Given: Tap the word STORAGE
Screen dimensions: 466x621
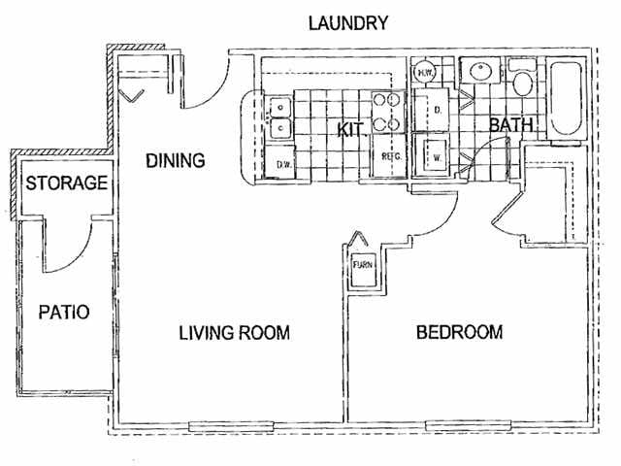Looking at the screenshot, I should (66, 183).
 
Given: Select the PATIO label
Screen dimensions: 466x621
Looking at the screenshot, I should (64, 313).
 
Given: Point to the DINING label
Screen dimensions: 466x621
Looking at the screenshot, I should (176, 160).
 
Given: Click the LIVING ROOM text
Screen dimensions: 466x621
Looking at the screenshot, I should (235, 333).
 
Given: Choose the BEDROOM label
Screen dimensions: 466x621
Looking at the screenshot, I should (459, 332).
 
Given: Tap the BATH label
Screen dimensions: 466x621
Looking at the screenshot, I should (510, 125).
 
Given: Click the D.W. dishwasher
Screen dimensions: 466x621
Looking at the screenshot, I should (284, 164).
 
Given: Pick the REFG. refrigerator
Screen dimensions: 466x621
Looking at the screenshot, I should (391, 156).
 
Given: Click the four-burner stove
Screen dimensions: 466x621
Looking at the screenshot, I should (388, 110).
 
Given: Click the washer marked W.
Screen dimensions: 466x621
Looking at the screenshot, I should (436, 155).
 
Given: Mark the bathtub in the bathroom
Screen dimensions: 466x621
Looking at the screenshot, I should (565, 100).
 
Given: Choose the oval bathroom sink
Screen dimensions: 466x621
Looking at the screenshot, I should (478, 71).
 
